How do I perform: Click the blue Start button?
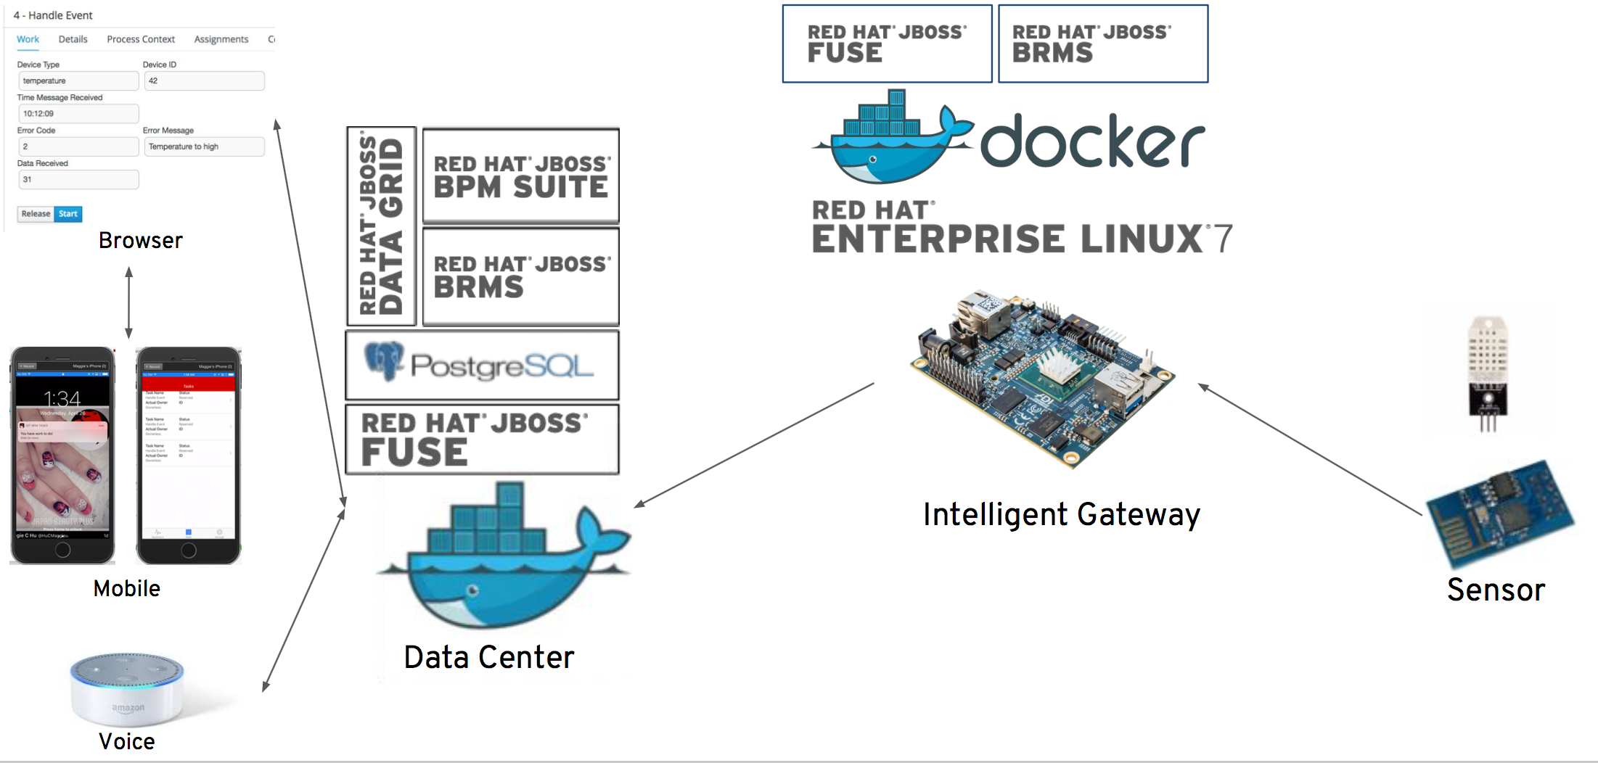click(68, 214)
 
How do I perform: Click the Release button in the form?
click(36, 214)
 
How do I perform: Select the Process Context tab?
click(141, 39)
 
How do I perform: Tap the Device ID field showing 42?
click(204, 81)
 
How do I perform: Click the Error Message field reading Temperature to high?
click(204, 147)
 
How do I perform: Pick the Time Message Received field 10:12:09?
click(78, 114)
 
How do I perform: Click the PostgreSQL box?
click(482, 366)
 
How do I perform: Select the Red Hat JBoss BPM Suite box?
click(521, 176)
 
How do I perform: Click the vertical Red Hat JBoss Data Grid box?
click(382, 226)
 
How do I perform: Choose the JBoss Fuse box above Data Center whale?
click(482, 440)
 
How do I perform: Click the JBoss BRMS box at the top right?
click(1103, 44)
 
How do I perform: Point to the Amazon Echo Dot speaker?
click(128, 689)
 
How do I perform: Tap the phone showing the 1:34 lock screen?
click(62, 455)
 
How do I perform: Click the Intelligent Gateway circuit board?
click(1041, 377)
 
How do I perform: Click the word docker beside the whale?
click(1092, 142)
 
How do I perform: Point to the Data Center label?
click(489, 657)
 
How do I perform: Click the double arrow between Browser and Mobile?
click(129, 302)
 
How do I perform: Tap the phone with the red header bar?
click(189, 455)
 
